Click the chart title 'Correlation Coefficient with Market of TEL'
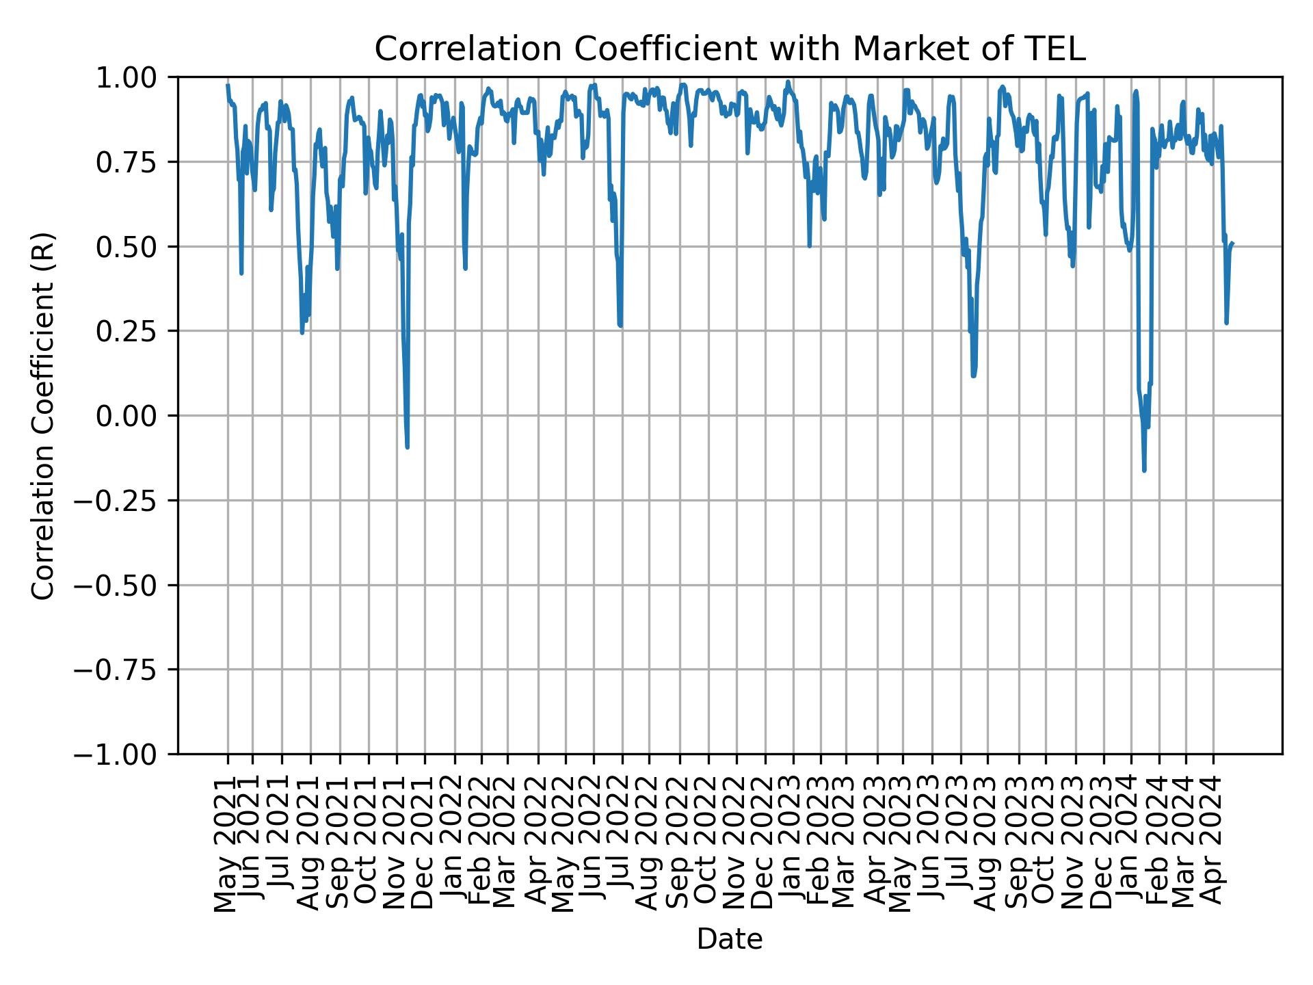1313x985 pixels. coord(730,49)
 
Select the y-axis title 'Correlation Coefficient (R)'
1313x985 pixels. coord(43,416)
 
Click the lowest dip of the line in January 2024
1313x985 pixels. coord(1144,471)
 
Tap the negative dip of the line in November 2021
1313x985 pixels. coord(408,447)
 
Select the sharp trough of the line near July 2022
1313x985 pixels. coord(620,326)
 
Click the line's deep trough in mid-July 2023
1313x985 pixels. coord(973,376)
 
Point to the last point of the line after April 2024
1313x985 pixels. coord(1232,244)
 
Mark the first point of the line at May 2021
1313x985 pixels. coord(228,86)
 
